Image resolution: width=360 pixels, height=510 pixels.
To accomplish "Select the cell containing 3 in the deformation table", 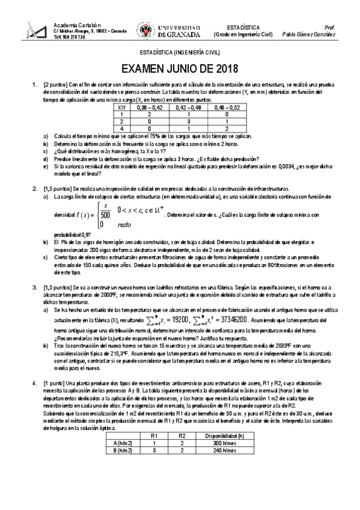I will click(x=188, y=120).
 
